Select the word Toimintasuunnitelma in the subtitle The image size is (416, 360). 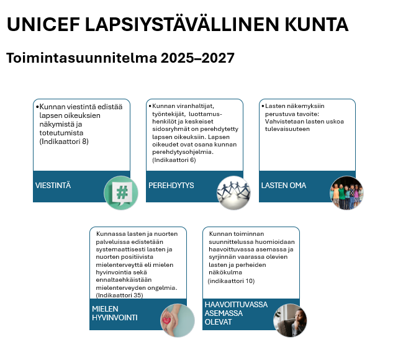click(81, 58)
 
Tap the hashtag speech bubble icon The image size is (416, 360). click(120, 192)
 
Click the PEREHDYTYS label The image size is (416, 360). click(171, 186)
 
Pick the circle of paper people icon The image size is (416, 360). click(233, 192)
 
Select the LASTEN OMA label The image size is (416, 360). click(284, 186)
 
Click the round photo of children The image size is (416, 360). click(346, 192)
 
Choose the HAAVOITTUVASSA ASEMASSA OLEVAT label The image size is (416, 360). click(236, 313)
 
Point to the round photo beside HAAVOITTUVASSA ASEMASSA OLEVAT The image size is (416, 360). click(291, 320)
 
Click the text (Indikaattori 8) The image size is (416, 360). click(64, 142)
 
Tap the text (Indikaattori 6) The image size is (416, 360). click(174, 160)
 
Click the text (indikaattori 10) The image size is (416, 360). click(231, 281)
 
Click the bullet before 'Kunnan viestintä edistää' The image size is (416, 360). click(37, 107)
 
